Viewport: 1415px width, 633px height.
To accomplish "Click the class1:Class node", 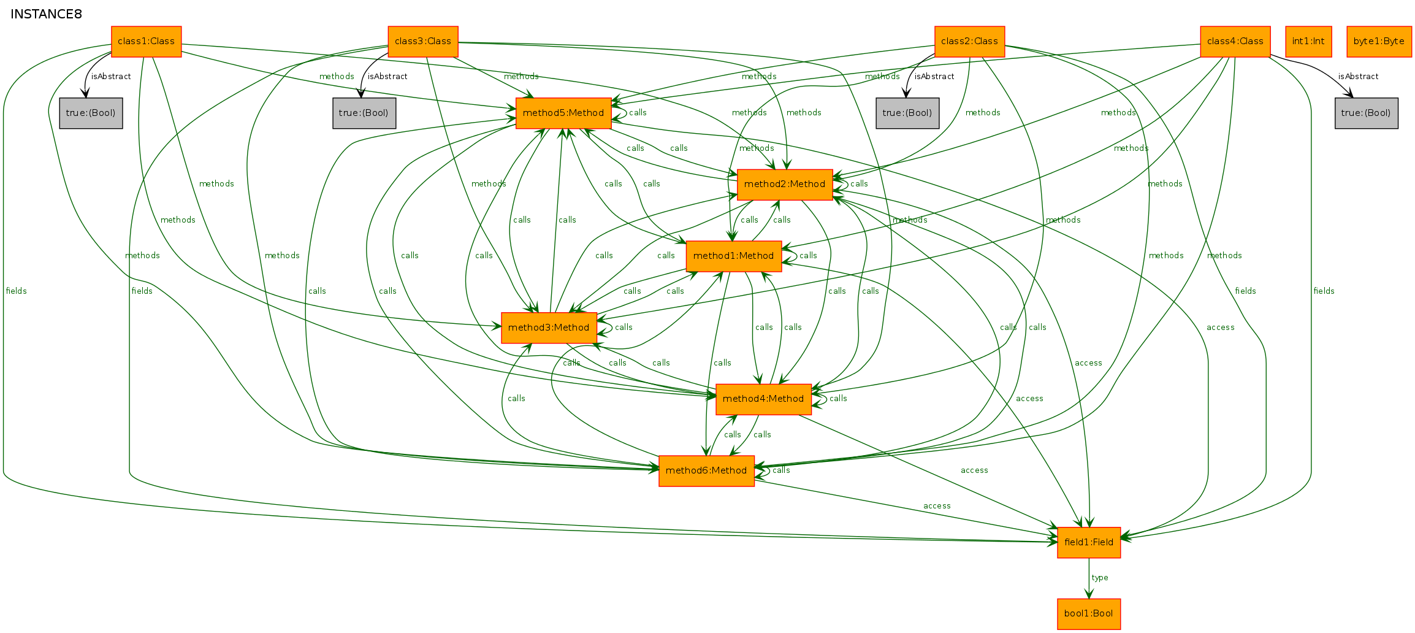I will coord(146,42).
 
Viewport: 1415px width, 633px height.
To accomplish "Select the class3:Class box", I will coord(423,42).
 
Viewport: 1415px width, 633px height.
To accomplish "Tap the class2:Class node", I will coord(969,42).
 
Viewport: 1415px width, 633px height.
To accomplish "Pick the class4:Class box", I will coord(1235,42).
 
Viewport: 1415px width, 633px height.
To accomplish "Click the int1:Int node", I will coord(1308,42).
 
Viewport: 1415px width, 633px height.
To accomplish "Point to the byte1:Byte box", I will coord(1379,42).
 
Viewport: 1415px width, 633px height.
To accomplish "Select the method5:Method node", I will coord(563,113).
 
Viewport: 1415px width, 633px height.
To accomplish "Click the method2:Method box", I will coord(785,185).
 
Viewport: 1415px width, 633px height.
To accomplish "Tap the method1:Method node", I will coord(734,256).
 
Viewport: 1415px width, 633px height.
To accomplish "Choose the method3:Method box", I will coord(549,328).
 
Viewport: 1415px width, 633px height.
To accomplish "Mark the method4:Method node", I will coord(763,399).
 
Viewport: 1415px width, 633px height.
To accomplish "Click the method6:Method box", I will coord(706,471).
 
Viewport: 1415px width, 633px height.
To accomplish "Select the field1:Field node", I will coord(1089,543).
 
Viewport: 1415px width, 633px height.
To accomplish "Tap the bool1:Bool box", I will coord(1089,614).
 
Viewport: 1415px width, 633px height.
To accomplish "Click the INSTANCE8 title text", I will coord(47,14).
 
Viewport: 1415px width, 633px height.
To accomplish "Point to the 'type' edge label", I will coord(1100,578).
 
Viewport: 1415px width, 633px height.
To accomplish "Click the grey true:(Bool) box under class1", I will coord(91,113).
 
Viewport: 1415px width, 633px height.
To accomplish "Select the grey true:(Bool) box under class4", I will coord(1367,113).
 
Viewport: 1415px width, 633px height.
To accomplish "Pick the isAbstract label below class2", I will coord(934,77).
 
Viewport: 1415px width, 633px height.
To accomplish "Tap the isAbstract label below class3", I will coord(387,77).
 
